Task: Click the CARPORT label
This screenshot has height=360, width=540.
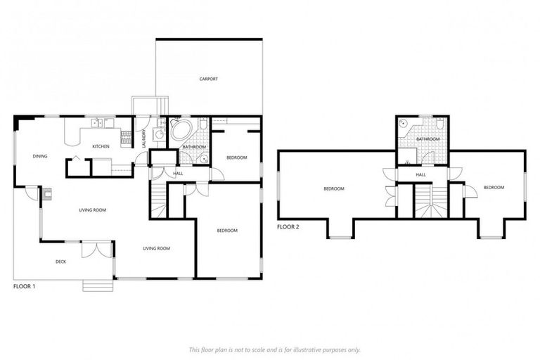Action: (208, 79)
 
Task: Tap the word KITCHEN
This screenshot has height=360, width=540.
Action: (101, 146)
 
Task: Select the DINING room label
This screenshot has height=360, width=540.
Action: (40, 156)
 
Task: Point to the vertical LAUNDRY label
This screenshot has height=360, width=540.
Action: (144, 137)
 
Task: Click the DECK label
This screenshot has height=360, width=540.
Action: (60, 262)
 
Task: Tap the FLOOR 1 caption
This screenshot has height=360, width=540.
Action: (25, 287)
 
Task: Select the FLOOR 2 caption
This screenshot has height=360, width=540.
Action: (288, 227)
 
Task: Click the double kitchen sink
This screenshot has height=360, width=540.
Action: (99, 124)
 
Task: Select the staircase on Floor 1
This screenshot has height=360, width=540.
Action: (159, 200)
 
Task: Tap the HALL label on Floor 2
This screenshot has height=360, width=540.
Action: (420, 174)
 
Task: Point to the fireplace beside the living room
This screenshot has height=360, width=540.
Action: (47, 193)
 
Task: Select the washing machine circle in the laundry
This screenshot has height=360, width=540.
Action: (159, 134)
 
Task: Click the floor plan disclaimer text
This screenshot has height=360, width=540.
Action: (274, 349)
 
